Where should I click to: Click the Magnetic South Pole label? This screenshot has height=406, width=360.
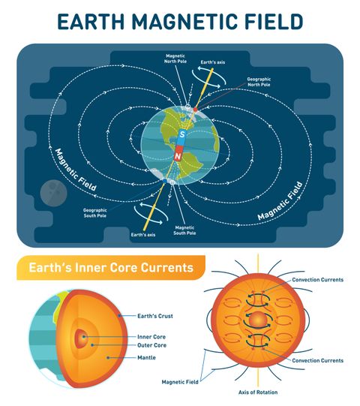[x=184, y=230]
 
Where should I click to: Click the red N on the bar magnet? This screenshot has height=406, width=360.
[x=178, y=155]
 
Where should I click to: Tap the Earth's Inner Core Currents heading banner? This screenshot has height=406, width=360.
[x=110, y=268]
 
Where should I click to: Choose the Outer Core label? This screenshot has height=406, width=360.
[x=151, y=346]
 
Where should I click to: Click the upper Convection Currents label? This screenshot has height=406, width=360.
[x=317, y=280]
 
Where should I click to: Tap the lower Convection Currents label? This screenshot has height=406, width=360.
[x=317, y=360]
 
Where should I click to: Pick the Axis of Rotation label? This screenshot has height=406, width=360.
[x=257, y=392]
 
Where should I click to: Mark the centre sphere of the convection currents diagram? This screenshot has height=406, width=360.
[x=257, y=320]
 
